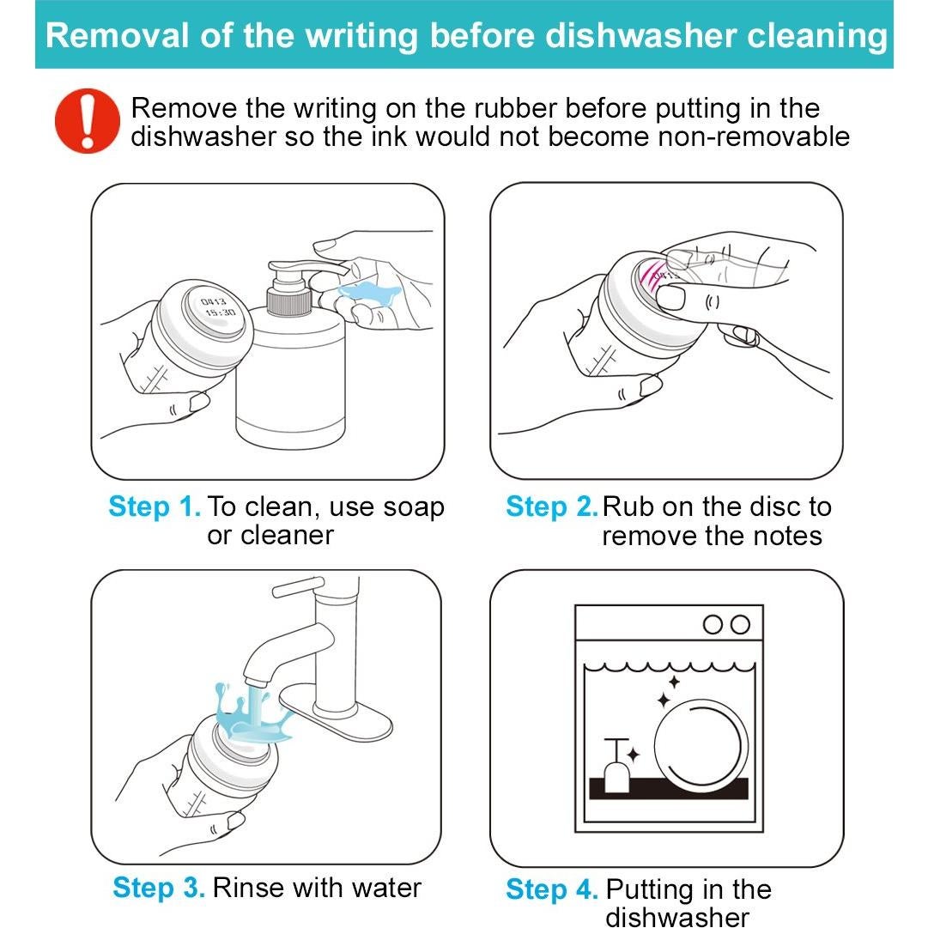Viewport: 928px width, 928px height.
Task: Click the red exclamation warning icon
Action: point(87,120)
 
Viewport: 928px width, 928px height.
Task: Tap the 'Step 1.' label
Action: point(155,507)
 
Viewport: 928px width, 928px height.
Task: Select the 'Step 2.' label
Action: point(552,507)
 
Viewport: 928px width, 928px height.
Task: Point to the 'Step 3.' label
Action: point(159,888)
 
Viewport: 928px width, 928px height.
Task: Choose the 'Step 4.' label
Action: point(552,889)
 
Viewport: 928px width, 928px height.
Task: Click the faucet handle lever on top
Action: point(298,586)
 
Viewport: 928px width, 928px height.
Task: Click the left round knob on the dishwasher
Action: point(712,624)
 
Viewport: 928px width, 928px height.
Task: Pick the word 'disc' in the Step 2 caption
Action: point(773,507)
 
